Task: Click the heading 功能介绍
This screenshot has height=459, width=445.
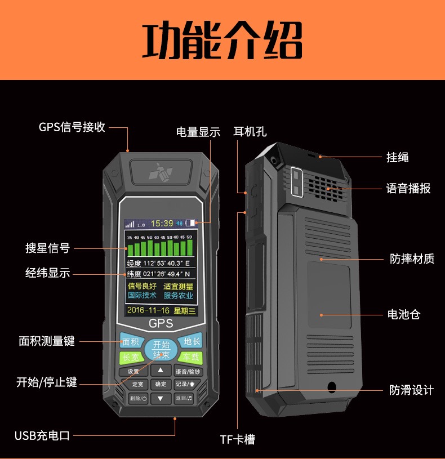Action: [x=222, y=41]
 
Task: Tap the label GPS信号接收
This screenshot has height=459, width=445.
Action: [x=72, y=127]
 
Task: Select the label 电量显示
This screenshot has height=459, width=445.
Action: [x=198, y=132]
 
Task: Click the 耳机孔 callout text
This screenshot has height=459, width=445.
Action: [x=250, y=132]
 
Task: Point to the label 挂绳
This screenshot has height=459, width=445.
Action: [x=398, y=157]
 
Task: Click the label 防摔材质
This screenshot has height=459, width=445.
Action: [x=412, y=259]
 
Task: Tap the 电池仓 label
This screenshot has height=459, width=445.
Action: [x=404, y=314]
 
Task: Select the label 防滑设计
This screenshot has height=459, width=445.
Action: [x=412, y=390]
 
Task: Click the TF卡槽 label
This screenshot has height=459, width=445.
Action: [x=241, y=439]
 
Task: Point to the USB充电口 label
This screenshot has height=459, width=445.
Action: [x=42, y=435]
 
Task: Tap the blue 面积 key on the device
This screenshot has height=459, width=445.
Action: [x=130, y=342]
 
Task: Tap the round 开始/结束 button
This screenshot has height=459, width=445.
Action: [x=161, y=349]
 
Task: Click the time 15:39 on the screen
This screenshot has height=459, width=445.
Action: [x=162, y=223]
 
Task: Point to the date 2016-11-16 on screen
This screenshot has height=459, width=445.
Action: [x=148, y=310]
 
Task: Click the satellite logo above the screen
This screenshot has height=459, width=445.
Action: [x=161, y=172]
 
